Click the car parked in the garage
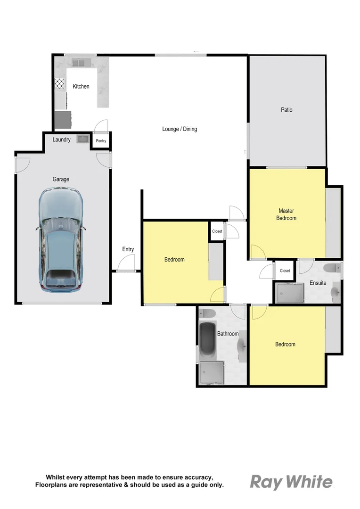(60, 239)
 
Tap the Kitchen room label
(81, 87)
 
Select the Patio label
(286, 110)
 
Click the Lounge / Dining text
(180, 129)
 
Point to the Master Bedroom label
(286, 214)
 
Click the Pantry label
(101, 141)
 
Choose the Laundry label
(62, 140)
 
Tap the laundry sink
(83, 139)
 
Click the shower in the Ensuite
(290, 293)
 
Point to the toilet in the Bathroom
(207, 313)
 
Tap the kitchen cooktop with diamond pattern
(60, 84)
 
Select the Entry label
(128, 249)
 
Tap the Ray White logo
(291, 482)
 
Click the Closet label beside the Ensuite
(285, 271)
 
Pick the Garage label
(61, 179)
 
